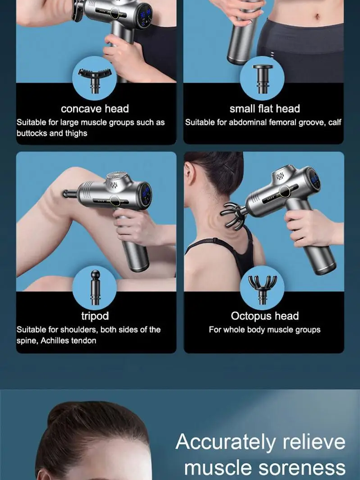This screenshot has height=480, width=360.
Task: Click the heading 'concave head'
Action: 95,109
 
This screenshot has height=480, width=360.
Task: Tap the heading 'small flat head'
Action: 265,109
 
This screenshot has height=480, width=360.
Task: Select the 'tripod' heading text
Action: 95,316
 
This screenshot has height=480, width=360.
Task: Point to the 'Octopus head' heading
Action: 265,316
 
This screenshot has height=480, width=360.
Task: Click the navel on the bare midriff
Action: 317,16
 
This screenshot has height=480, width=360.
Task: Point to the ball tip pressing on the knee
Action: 66,193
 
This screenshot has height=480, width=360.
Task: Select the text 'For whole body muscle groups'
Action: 265,330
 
